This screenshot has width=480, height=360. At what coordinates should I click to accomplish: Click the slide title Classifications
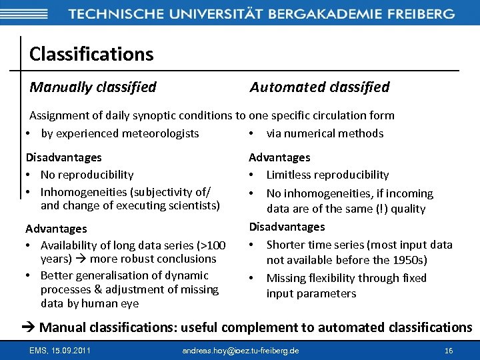click(91, 54)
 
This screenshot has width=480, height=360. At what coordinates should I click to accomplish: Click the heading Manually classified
click(93, 87)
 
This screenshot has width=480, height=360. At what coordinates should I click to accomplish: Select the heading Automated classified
click(319, 87)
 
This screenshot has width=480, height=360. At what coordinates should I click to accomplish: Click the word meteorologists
click(162, 133)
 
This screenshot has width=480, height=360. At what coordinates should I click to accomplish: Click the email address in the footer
click(241, 351)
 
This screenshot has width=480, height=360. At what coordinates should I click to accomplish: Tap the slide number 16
click(449, 351)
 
